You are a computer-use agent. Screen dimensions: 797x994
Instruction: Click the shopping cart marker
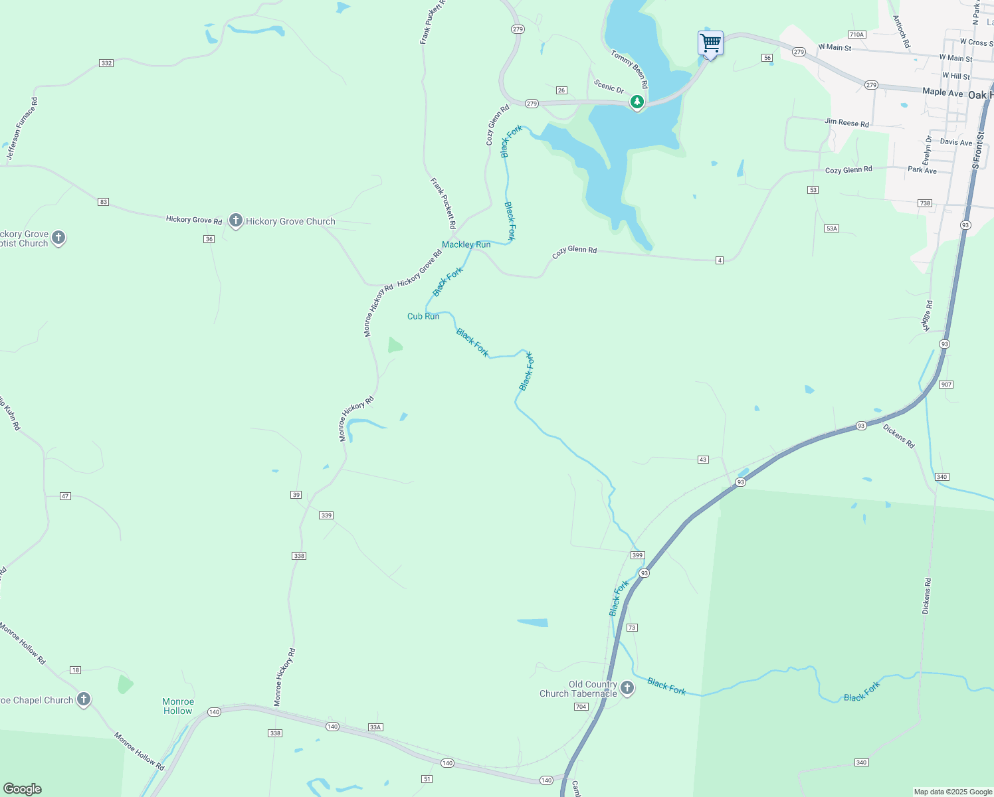tap(710, 43)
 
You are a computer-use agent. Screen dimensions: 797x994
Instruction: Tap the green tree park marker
tap(637, 102)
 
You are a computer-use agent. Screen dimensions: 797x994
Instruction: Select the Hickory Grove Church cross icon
tap(235, 221)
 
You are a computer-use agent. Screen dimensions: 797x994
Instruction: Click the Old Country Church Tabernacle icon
tap(627, 688)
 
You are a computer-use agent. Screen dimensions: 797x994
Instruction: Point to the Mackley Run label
tap(466, 244)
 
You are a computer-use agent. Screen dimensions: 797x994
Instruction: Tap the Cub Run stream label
tap(423, 316)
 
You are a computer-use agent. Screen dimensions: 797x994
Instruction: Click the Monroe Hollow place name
tap(178, 706)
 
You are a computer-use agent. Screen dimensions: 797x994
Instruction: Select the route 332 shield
tap(106, 63)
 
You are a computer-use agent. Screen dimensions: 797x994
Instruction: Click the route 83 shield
tap(103, 202)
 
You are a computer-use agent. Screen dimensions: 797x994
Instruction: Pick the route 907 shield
tap(946, 385)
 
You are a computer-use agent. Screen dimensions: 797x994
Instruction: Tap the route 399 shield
tap(637, 555)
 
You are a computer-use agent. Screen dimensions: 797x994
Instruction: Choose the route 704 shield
tap(581, 707)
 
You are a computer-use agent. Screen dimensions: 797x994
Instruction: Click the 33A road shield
tap(375, 727)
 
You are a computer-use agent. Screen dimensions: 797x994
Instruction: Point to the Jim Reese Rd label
tap(846, 124)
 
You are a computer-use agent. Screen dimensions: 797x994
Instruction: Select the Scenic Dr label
tap(609, 87)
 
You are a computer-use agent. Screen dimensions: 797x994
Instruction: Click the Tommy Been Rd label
tap(629, 69)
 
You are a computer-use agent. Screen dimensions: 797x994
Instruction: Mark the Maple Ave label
tap(942, 92)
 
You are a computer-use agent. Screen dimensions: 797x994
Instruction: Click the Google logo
tap(22, 788)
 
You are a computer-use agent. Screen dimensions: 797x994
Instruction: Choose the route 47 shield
tap(65, 496)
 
